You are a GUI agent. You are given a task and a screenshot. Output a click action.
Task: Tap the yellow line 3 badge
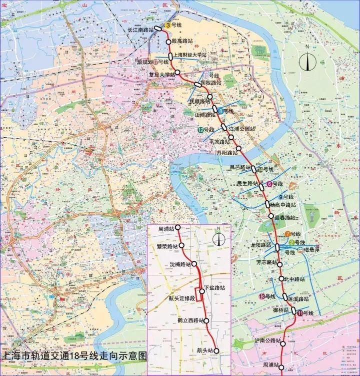168,25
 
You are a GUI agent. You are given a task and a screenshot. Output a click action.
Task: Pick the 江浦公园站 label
241,129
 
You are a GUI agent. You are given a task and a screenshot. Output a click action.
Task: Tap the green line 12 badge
200,130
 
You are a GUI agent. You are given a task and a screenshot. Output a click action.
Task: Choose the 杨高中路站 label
282,205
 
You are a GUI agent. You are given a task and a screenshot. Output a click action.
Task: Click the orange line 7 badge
288,234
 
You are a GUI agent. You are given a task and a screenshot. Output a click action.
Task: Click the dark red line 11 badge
299,313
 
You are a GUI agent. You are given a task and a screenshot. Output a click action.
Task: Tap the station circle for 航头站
216,351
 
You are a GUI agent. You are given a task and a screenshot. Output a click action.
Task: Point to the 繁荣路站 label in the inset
167,247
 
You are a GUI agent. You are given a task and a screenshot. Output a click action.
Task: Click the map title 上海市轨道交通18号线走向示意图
75,356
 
